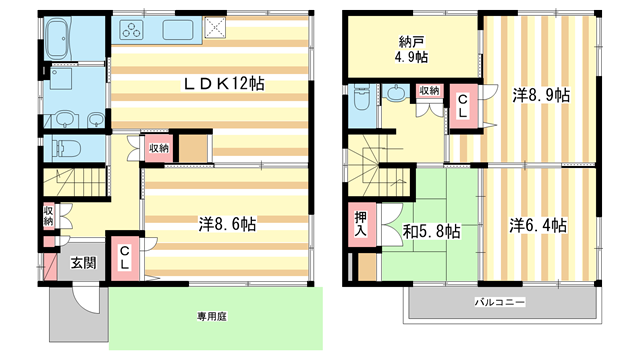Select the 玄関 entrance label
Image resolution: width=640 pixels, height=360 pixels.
[83, 264]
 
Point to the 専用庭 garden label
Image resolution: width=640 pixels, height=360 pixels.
[211, 316]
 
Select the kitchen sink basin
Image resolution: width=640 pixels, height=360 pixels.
[178, 28]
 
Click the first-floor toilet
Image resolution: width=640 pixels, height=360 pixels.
[65, 149]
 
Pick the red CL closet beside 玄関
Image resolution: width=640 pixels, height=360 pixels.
[124, 259]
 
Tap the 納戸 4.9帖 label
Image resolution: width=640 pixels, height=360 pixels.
[409, 49]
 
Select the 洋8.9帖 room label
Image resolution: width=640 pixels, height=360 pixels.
[541, 96]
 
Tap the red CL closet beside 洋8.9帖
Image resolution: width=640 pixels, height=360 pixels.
[464, 107]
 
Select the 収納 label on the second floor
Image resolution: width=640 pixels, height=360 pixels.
[429, 91]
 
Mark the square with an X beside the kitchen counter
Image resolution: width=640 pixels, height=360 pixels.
[216, 28]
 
